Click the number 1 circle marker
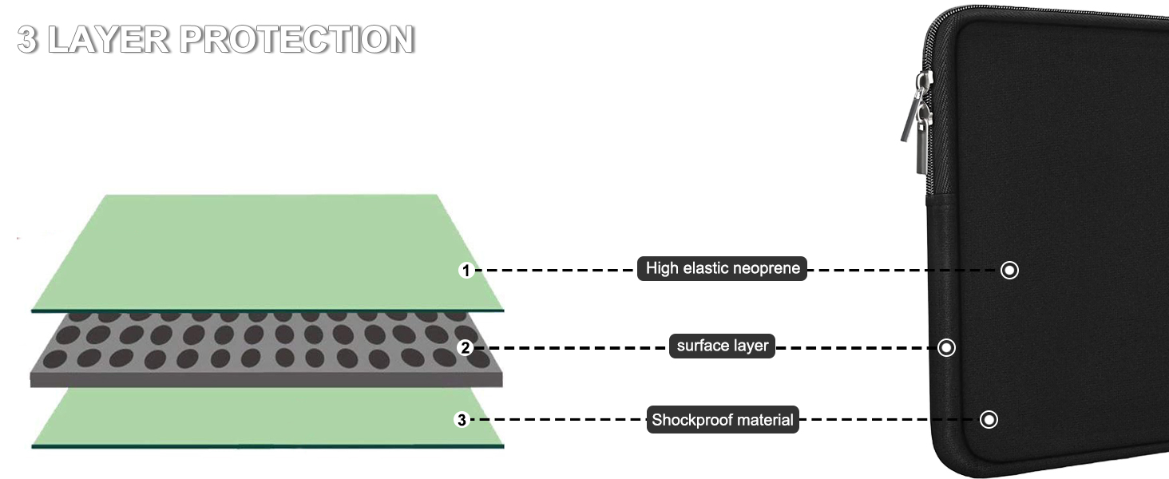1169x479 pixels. click(x=466, y=271)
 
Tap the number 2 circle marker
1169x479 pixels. click(x=466, y=348)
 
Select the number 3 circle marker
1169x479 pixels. click(x=461, y=420)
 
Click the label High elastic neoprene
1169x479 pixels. click(x=723, y=268)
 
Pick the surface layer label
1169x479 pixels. click(x=722, y=346)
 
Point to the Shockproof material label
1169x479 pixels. click(x=723, y=420)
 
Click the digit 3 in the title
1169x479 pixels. click(x=27, y=39)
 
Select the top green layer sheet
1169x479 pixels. click(x=264, y=247)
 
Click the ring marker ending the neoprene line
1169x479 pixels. click(x=1009, y=271)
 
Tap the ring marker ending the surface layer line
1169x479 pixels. click(x=946, y=348)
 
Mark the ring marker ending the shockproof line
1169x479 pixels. click(x=989, y=420)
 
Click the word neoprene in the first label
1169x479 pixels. click(x=767, y=268)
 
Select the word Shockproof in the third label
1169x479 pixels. click(x=688, y=420)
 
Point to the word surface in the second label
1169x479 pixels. click(x=700, y=346)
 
